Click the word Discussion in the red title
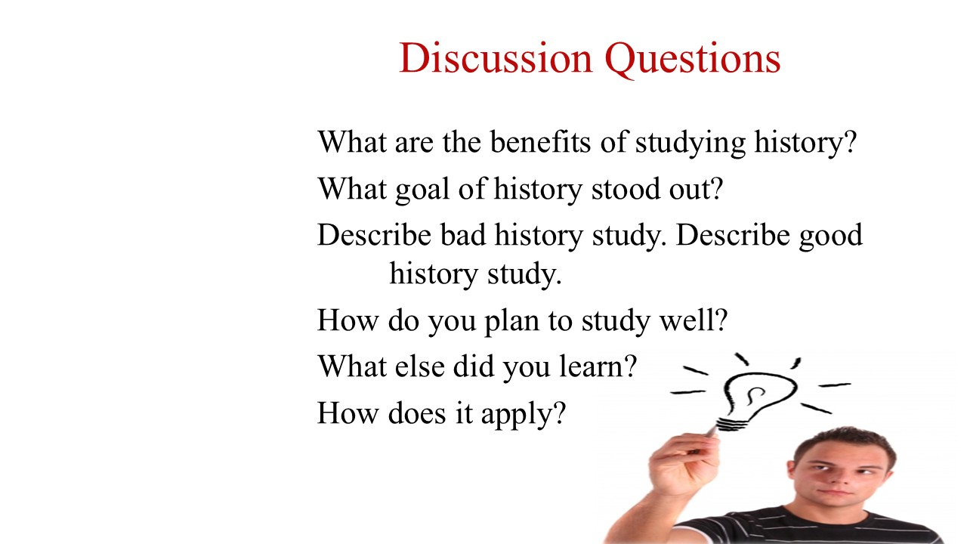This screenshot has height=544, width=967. (x=496, y=58)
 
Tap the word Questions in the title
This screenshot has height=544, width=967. (x=693, y=60)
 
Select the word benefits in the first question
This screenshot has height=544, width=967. (x=540, y=141)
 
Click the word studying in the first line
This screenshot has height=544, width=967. (x=690, y=144)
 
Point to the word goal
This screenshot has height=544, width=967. (x=422, y=190)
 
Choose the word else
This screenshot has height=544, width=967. (x=420, y=366)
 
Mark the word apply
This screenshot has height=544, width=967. (x=517, y=416)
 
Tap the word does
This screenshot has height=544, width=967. (x=417, y=413)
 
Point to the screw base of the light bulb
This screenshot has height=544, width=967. (x=732, y=423)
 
